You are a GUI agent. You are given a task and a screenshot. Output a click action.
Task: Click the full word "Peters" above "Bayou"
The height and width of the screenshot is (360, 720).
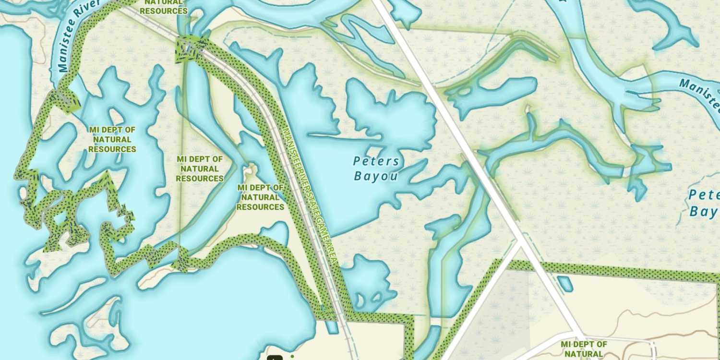(376, 161)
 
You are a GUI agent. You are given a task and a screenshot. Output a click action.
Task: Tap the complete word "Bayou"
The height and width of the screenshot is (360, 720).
(376, 176)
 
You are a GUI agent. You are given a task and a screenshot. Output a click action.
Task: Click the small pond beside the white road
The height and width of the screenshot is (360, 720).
(565, 283)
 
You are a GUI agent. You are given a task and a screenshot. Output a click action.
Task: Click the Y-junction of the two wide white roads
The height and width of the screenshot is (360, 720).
(520, 242)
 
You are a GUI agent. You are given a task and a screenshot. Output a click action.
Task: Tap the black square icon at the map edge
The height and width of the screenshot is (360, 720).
(275, 358)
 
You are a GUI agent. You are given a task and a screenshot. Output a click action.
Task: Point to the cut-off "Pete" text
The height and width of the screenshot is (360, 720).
(704, 195)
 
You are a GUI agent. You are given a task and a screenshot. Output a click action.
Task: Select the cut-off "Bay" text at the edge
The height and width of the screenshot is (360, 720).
(704, 212)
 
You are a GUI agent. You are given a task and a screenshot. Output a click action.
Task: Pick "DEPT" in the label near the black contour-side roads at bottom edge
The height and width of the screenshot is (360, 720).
(584, 344)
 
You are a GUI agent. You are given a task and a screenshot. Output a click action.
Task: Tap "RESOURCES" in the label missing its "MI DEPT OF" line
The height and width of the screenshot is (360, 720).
(164, 11)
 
